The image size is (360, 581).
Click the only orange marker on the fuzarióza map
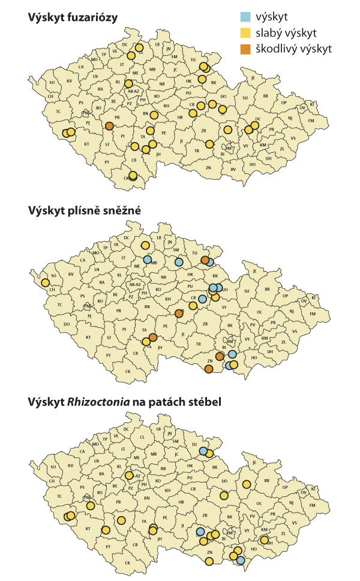[109, 126]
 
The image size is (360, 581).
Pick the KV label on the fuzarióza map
[70, 81]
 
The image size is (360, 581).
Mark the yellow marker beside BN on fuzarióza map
[154, 115]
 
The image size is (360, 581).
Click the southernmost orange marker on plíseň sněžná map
[208, 369]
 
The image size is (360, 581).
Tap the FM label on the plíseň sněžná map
[311, 314]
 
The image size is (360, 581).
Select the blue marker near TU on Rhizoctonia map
[203, 451]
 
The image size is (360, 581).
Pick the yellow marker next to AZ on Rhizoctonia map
[130, 475]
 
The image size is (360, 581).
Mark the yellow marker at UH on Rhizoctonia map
[265, 540]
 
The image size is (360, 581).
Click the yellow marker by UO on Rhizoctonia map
[224, 496]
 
